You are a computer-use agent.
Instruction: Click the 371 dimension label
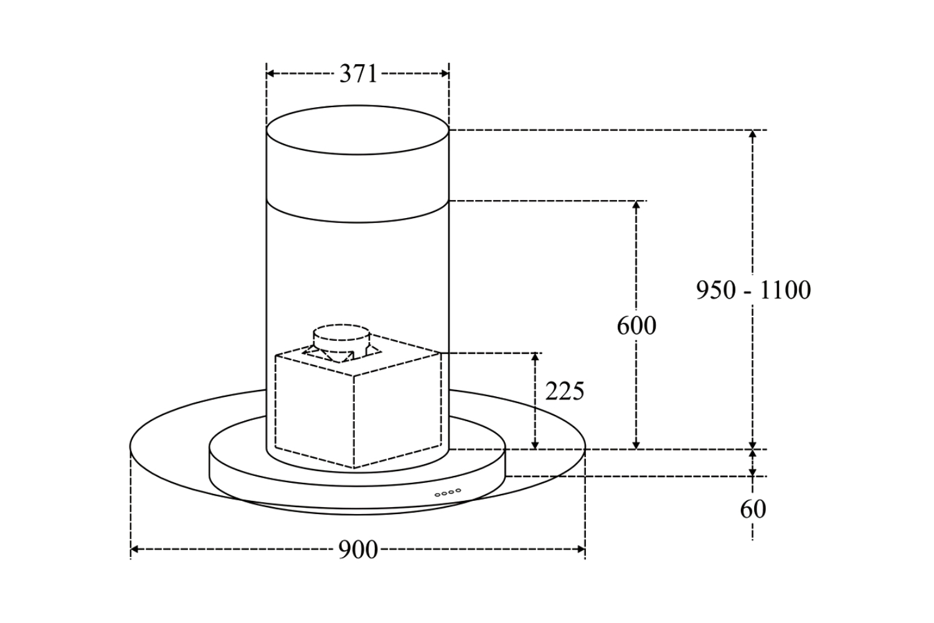[x=358, y=74]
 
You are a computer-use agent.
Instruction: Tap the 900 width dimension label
[x=358, y=550]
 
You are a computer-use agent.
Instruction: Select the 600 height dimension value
[x=636, y=326]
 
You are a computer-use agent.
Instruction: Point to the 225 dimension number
[x=565, y=391]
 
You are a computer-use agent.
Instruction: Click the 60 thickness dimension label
[x=753, y=510]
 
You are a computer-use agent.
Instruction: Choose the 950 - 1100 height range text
[x=753, y=290]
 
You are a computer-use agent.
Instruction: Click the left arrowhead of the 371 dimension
[x=270, y=74]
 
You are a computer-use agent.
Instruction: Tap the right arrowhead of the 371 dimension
[x=445, y=74]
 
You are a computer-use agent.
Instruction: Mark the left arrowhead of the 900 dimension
[x=134, y=549]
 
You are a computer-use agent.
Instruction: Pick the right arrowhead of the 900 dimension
[x=581, y=549]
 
